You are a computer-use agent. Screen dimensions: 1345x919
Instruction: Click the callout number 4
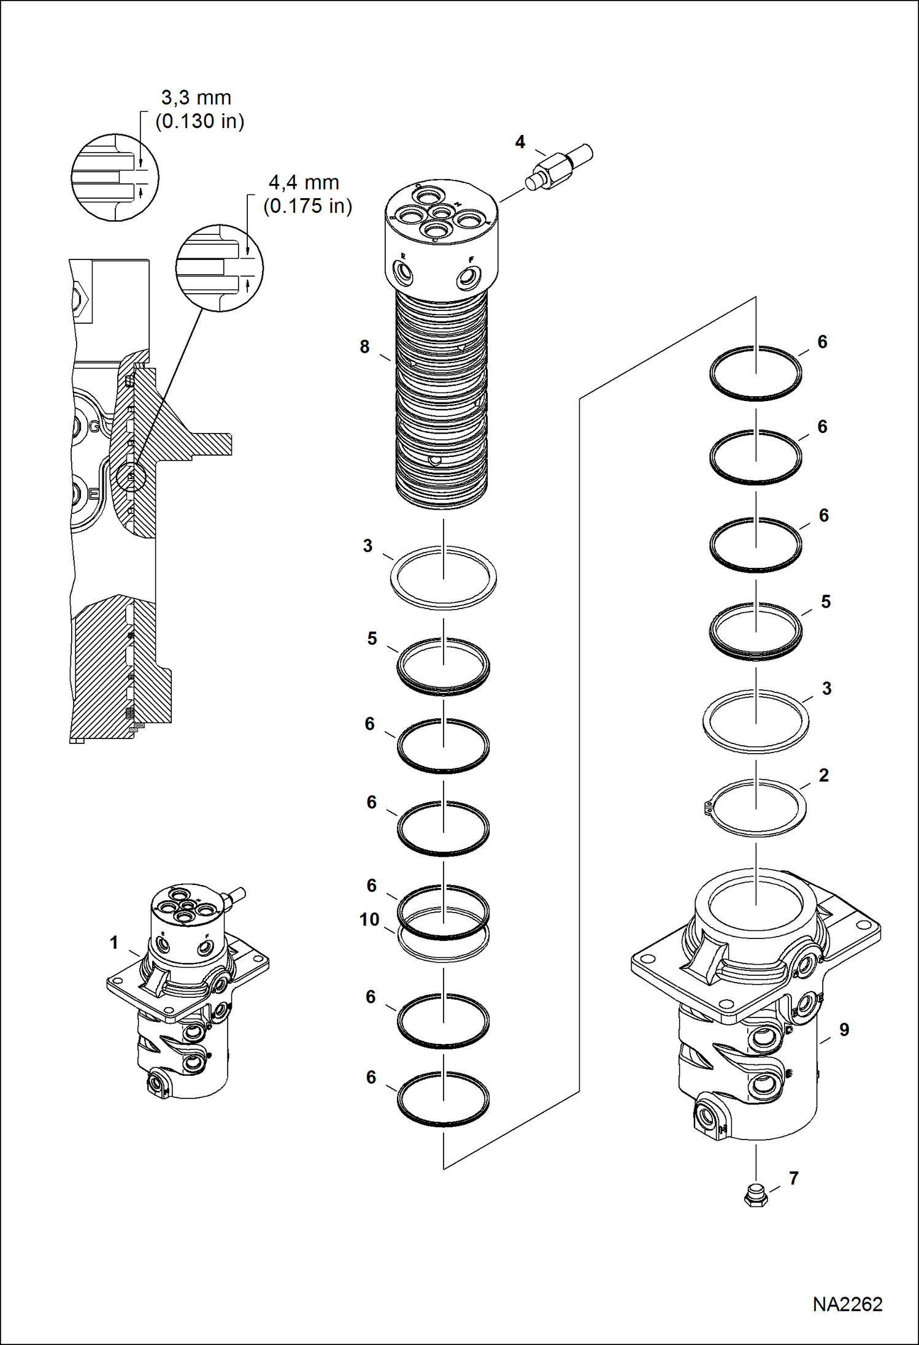point(520,142)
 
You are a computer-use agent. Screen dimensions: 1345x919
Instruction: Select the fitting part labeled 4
point(558,167)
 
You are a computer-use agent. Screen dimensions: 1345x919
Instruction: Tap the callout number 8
point(364,347)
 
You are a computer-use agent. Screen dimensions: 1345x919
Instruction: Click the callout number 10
point(369,919)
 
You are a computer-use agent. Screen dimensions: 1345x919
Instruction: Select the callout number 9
point(844,1030)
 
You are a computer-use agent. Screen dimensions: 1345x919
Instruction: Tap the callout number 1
point(113,943)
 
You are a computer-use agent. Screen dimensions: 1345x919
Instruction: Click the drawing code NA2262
point(847,1304)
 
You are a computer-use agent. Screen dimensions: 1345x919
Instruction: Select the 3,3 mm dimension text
point(196,98)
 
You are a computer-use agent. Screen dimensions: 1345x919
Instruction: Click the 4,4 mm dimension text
point(304,182)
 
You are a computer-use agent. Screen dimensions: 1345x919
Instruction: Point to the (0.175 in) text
point(307,206)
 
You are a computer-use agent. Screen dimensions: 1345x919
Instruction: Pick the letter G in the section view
point(94,426)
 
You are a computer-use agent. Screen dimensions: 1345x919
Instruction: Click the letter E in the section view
point(94,494)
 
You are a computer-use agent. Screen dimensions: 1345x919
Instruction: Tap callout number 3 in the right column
point(826,689)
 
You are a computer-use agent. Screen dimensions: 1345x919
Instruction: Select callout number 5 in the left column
point(372,638)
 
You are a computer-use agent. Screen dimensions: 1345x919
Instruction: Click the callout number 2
point(823,775)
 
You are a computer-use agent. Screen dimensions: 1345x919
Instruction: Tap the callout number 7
point(793,1178)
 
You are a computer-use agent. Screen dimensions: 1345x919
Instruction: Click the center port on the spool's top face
point(439,212)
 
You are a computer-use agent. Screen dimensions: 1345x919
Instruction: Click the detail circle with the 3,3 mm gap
point(115,178)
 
